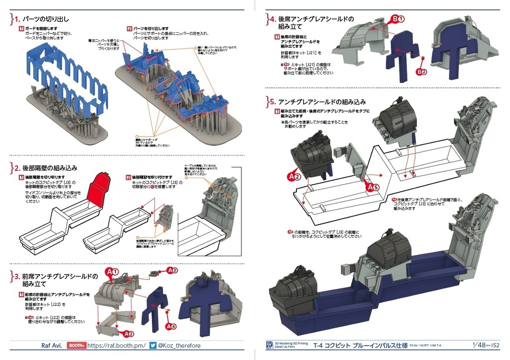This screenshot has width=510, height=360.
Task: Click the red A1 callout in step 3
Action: (112, 272)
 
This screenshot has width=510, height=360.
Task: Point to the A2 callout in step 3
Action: (128, 334)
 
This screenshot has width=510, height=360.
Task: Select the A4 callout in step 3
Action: (171, 327)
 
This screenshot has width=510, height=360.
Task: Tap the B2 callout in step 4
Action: (422, 72)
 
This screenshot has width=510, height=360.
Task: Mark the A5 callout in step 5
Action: (373, 187)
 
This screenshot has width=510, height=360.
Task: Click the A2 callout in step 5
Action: (294, 176)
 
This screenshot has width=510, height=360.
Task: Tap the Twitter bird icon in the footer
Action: (153, 346)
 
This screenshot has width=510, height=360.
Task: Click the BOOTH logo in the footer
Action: (76, 346)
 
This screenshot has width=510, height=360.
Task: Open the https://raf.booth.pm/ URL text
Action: (116, 346)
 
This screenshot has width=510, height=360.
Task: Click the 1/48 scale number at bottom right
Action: (479, 345)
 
